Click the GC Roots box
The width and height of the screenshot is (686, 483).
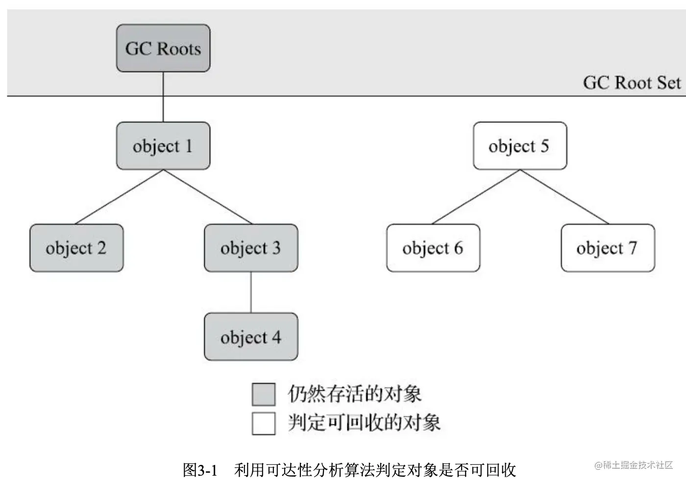tap(163, 48)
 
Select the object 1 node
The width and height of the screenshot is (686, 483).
tap(163, 146)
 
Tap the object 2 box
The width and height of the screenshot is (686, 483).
tap(76, 248)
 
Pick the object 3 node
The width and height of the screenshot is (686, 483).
tap(251, 248)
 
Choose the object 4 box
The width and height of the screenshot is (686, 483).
tap(251, 337)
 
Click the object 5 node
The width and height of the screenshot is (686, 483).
tap(520, 146)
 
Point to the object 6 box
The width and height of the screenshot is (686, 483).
tap(433, 248)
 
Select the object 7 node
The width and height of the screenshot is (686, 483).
tap(608, 248)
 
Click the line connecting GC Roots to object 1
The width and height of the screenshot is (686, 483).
tap(163, 97)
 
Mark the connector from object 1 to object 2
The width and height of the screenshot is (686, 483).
tap(120, 197)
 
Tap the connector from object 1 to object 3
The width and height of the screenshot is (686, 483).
tap(207, 197)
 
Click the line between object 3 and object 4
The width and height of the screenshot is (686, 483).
tap(251, 292)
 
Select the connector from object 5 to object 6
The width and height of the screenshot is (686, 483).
tap(476, 197)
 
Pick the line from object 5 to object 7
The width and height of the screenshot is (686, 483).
tap(564, 197)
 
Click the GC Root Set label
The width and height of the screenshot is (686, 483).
tap(631, 83)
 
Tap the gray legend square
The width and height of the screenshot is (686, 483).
tap(264, 394)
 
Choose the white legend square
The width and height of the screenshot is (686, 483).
tap(264, 423)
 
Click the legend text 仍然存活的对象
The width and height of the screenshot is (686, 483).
tap(355, 394)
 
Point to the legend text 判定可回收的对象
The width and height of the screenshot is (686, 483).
tap(364, 423)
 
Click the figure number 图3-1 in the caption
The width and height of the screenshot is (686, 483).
tap(200, 470)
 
